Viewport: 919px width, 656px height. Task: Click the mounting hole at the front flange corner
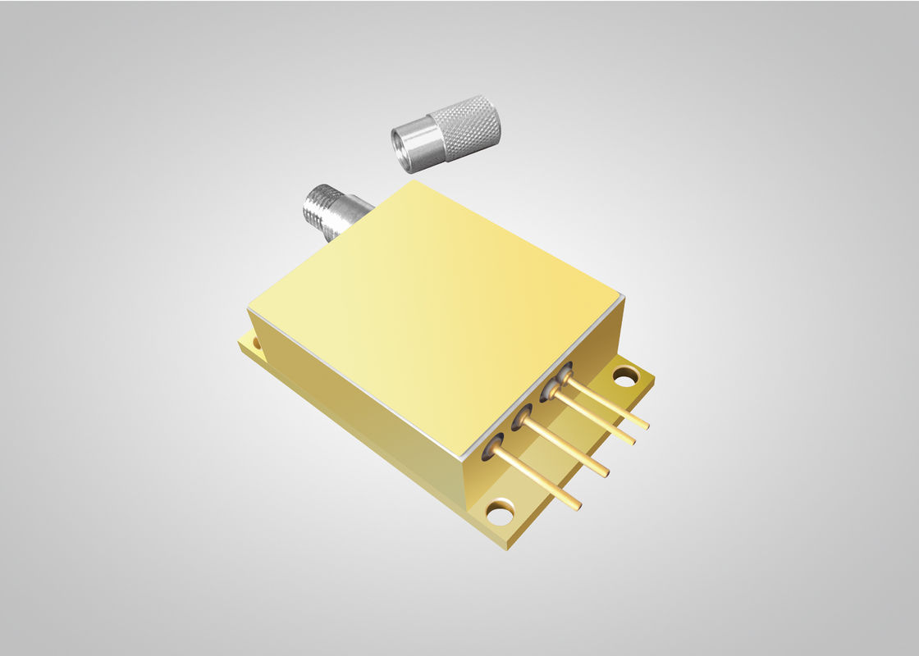tap(499, 514)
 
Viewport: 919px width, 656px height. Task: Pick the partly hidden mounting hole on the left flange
tap(255, 339)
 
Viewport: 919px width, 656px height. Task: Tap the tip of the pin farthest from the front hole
tap(646, 426)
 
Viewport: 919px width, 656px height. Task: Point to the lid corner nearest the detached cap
tap(414, 182)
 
